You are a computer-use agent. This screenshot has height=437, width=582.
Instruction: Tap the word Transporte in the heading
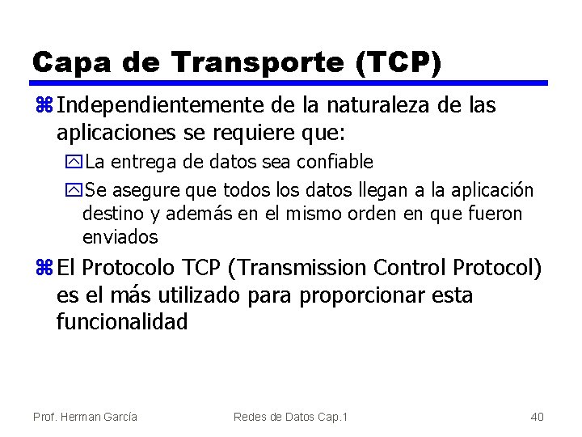(244, 62)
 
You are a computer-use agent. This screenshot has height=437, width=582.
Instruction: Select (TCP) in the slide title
(399, 62)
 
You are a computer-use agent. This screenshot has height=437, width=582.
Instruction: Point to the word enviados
(120, 237)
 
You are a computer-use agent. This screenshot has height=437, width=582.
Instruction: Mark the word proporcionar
(361, 295)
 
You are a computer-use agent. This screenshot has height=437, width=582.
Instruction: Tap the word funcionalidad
(122, 323)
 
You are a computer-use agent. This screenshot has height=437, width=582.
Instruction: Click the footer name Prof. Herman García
(85, 417)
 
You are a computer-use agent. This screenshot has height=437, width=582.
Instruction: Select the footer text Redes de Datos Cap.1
(290, 417)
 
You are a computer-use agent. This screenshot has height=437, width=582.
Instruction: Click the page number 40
(537, 417)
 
